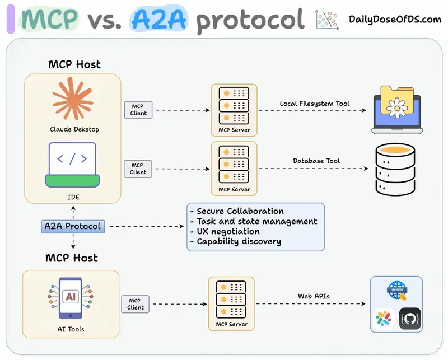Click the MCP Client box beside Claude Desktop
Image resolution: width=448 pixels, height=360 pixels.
click(138, 110)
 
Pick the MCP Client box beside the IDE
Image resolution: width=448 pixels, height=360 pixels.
click(138, 169)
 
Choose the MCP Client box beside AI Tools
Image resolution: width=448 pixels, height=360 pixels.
click(136, 304)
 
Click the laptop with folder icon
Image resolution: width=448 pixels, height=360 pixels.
click(396, 110)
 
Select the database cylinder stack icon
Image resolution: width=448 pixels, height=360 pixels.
click(395, 169)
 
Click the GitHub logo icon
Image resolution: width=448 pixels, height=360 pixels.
click(409, 319)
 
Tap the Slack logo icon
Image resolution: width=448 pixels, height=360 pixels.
click(384, 319)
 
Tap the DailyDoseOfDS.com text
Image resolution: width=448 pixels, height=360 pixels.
click(395, 20)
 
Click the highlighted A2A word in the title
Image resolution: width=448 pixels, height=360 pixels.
click(160, 19)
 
